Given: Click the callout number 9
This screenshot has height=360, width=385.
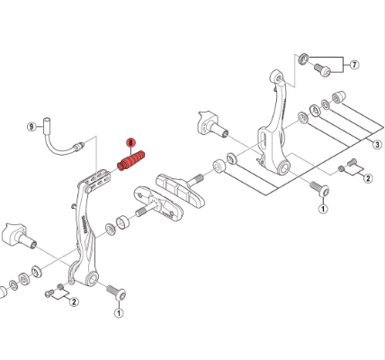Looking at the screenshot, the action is tap(31, 127).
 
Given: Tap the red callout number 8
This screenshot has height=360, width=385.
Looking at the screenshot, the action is tap(130, 143).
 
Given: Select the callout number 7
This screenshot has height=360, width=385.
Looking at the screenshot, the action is tap(354, 65).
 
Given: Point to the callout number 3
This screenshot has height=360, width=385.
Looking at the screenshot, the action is tap(377, 145).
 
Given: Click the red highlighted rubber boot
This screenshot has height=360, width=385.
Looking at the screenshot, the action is tap(131, 161).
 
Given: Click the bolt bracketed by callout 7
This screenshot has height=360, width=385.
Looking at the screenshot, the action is tap(322, 69).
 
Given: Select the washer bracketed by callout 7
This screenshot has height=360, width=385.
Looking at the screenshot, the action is tap(303, 58).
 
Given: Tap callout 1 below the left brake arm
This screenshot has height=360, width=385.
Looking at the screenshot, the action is tap(119, 313).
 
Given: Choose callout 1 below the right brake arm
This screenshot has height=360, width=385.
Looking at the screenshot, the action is tap(323, 209).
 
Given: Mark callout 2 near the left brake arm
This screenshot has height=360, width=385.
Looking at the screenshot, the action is tap(74, 301).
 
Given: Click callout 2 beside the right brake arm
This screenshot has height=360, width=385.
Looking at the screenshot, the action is tap(368, 178).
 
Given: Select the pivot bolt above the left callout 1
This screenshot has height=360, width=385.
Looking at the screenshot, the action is tap(116, 292).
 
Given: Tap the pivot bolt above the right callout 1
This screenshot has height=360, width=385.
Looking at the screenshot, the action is tap(319, 188).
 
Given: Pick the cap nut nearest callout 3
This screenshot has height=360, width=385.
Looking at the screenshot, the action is tap(339, 96).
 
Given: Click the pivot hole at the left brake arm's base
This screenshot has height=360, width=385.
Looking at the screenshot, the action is tap(91, 279).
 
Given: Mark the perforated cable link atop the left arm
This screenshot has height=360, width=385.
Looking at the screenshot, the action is tap(97, 181).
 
